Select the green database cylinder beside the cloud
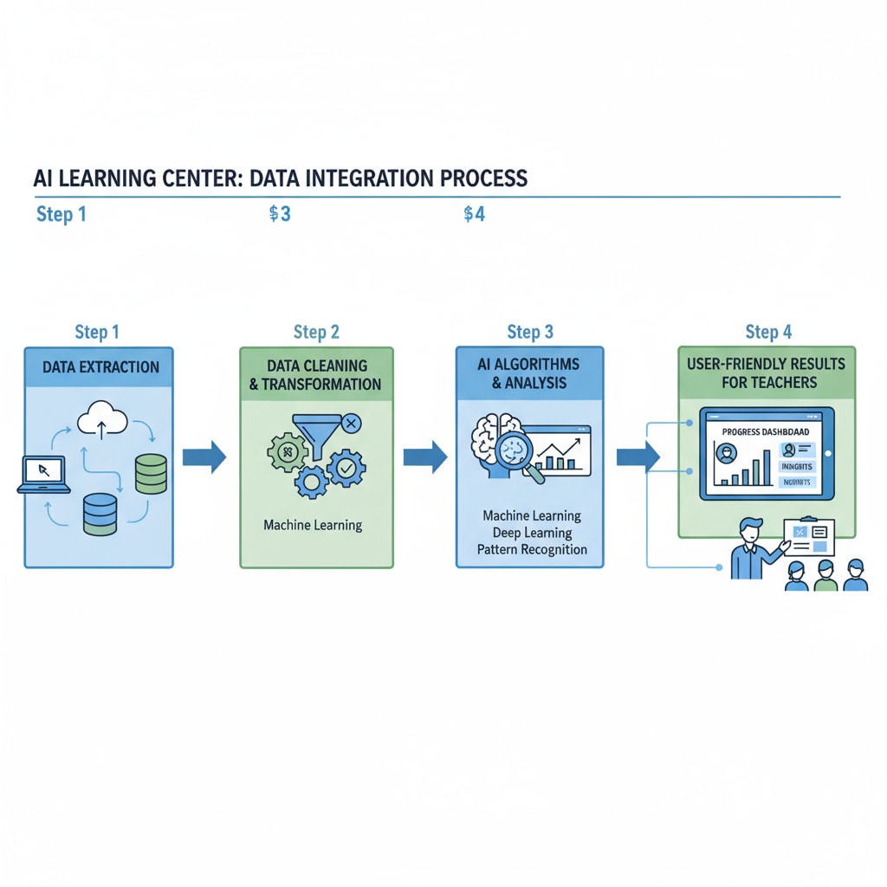(151, 474)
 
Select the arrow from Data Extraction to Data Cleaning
(206, 456)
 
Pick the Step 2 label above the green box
(316, 333)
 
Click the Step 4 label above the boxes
(767, 332)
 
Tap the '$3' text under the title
(279, 214)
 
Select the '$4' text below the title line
(474, 214)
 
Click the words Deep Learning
(532, 533)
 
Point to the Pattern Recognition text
(532, 549)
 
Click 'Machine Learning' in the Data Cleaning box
(313, 525)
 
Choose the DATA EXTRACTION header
(100, 366)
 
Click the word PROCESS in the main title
(482, 178)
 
